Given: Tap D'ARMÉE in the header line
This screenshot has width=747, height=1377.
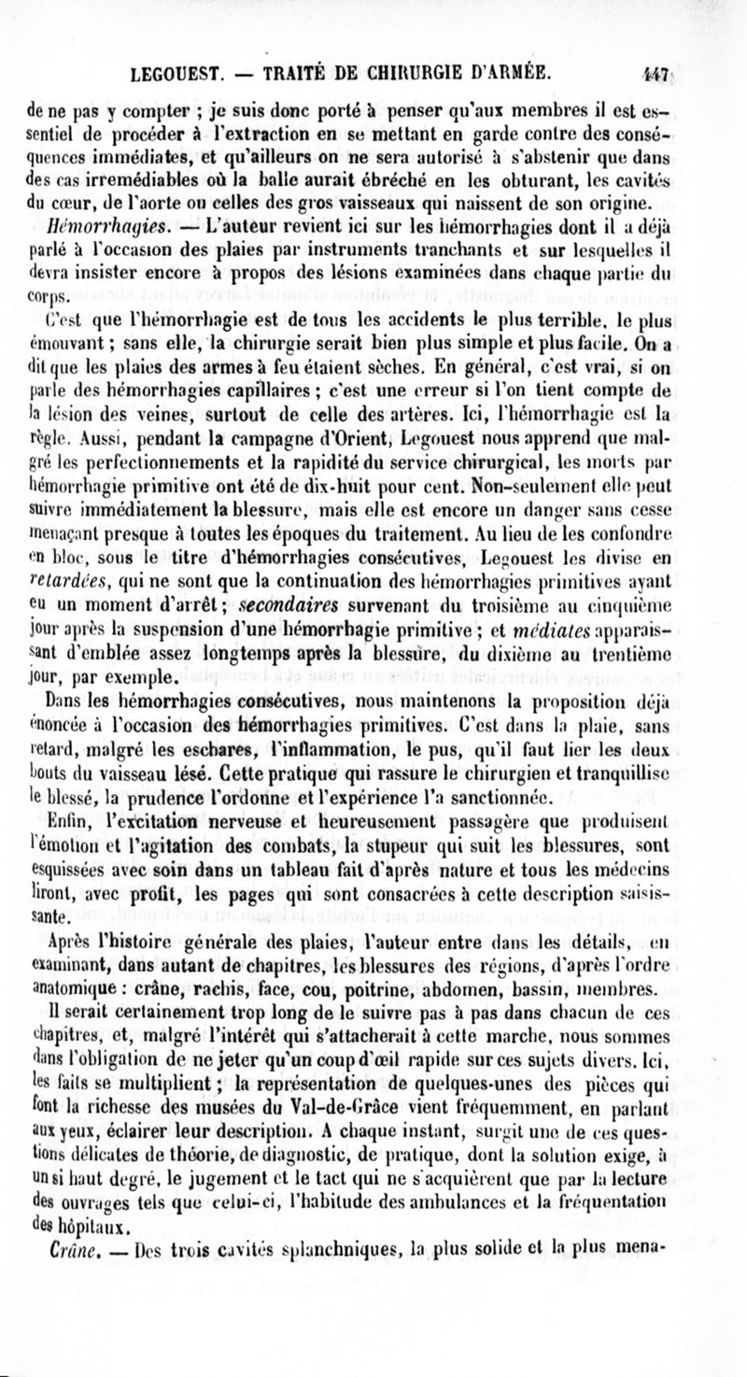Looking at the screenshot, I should point(505,71).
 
